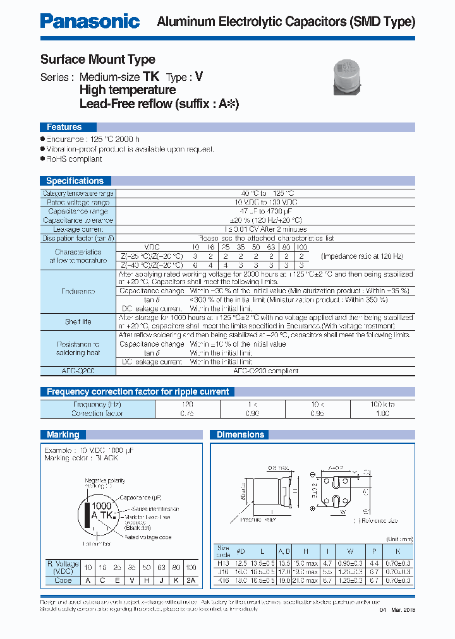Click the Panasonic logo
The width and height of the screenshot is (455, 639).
coord(90,21)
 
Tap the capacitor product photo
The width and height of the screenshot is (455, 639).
coord(346,75)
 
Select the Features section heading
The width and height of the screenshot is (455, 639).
coord(64,127)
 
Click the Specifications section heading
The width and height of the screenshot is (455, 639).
coord(75,181)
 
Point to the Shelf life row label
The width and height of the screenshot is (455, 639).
coord(78,322)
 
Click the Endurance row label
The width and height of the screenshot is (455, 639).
coord(78,291)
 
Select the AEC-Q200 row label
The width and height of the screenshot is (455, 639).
coord(78,371)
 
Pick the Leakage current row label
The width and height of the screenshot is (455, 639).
coord(78,230)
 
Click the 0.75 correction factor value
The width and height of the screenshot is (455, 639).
coord(188,414)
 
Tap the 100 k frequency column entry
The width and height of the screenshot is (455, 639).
coord(382,404)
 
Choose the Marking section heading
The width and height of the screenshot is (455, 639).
coord(63,434)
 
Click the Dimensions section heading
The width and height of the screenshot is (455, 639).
coord(240,434)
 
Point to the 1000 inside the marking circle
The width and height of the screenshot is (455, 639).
coord(101,506)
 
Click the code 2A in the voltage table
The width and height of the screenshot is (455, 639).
coord(190,580)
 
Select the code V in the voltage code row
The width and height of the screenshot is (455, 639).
coord(132,580)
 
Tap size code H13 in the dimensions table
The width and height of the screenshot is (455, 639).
coord(223,562)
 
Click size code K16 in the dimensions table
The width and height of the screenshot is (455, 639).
coord(223,580)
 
